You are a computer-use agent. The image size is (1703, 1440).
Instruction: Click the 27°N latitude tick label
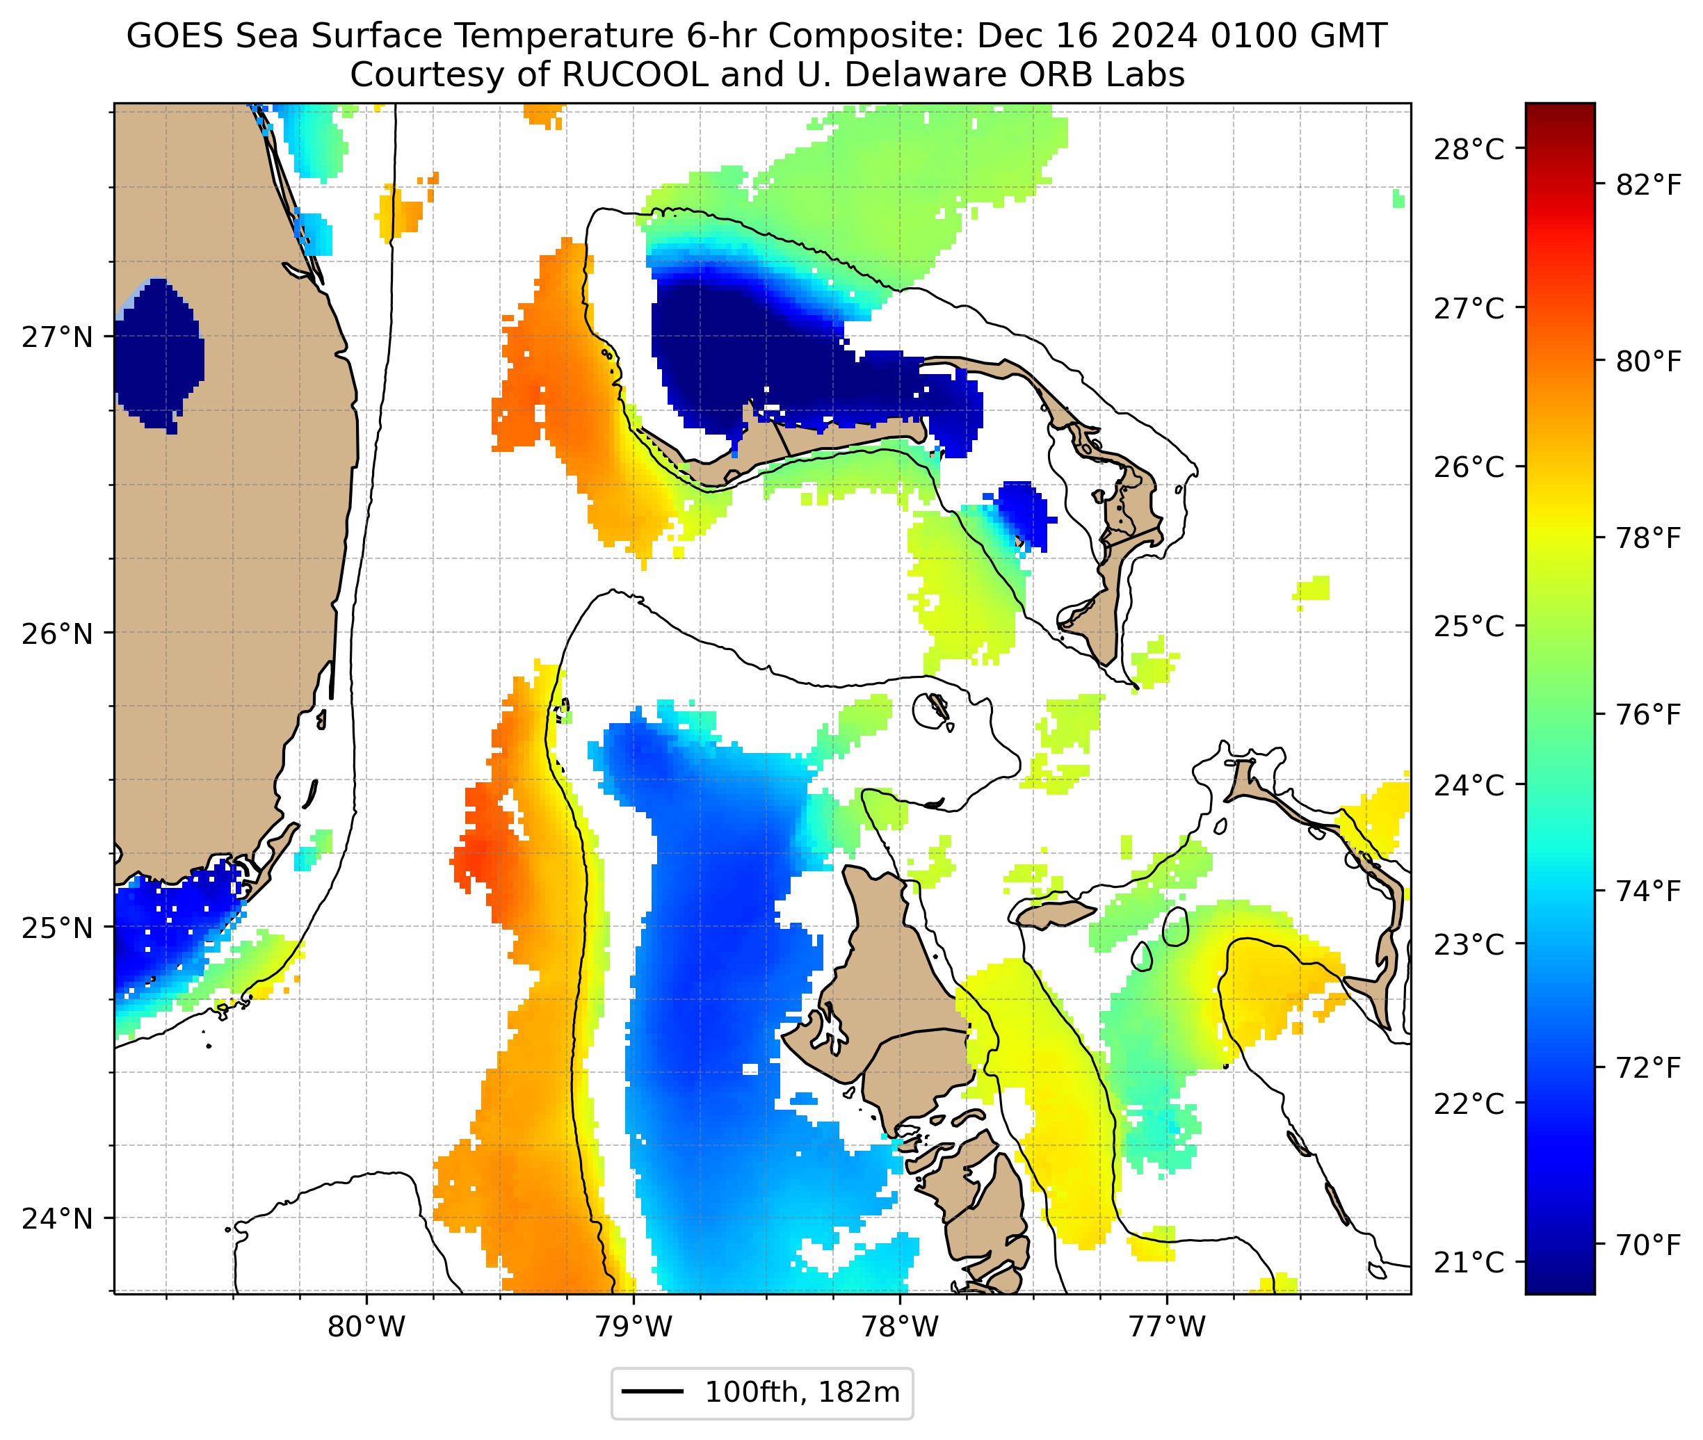click(x=57, y=337)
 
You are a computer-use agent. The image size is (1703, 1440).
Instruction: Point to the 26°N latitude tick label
click(x=57, y=633)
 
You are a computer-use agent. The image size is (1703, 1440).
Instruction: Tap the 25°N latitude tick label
click(x=57, y=928)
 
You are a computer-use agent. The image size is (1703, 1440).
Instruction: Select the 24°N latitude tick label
click(x=57, y=1219)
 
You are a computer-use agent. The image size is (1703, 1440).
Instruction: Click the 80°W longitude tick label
click(x=366, y=1327)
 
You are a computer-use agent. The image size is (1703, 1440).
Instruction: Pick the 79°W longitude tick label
click(x=633, y=1327)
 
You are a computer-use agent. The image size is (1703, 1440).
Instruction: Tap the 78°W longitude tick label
click(x=901, y=1327)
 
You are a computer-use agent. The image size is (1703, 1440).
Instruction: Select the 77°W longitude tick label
click(x=1167, y=1327)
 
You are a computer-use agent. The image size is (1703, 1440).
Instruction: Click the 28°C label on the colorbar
click(x=1469, y=150)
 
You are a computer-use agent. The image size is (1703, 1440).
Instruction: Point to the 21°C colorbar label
click(x=1469, y=1263)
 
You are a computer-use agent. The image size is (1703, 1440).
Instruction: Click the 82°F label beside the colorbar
click(x=1648, y=186)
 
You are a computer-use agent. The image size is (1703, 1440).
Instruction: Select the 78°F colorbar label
click(x=1648, y=539)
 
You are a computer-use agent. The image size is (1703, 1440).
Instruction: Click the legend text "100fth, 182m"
click(x=802, y=1393)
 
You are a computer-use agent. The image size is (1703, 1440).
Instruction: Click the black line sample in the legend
click(x=652, y=1392)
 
